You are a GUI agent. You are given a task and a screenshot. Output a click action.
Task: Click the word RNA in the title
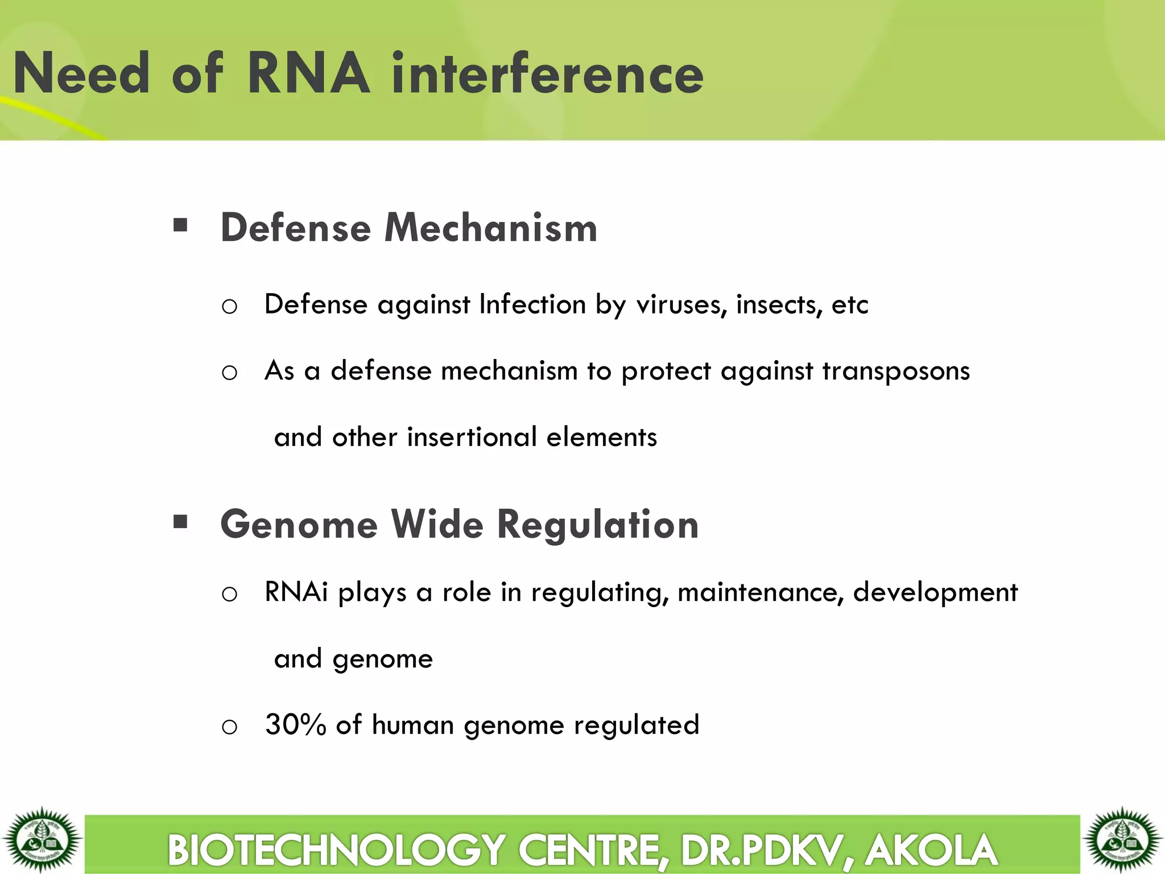point(309,74)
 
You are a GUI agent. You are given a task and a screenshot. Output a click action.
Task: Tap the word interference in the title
point(547,74)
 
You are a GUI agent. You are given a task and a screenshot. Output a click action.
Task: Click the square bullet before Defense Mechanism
point(180,225)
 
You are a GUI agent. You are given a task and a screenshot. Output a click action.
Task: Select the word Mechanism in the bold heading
point(491,228)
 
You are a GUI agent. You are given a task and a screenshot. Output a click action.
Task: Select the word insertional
point(472,437)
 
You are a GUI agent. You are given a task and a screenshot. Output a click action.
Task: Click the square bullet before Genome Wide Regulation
point(180,521)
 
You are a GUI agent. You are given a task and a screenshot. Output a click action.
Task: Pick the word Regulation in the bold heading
point(598,524)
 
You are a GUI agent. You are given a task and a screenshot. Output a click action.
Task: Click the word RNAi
point(296,592)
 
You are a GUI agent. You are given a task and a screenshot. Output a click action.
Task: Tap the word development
point(935,593)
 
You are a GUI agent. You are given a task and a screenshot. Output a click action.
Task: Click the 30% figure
point(295,725)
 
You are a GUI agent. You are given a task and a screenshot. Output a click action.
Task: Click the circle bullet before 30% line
point(229,727)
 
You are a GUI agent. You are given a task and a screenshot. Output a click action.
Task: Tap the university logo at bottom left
point(42,839)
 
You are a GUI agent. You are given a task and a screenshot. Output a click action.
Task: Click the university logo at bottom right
point(1122,839)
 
